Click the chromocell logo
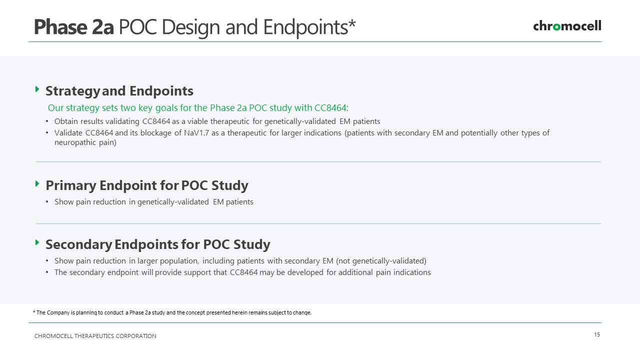click(x=567, y=26)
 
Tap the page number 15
click(x=597, y=334)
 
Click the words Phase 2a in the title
click(x=74, y=27)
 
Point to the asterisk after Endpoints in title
click(x=352, y=22)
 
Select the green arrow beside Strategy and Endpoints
click(x=37, y=89)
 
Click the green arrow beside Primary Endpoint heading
click(x=37, y=183)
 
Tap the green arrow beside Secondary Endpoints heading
click(x=37, y=242)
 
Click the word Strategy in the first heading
click(x=72, y=91)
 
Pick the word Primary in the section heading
click(x=71, y=185)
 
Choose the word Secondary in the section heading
click(x=78, y=244)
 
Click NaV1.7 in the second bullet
click(x=196, y=133)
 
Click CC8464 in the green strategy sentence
click(x=331, y=107)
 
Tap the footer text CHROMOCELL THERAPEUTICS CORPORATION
click(x=95, y=336)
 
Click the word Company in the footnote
click(x=58, y=312)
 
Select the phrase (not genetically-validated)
click(x=381, y=261)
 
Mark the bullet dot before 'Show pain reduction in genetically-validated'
click(x=47, y=202)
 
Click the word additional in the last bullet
click(x=355, y=272)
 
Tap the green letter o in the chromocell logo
click(x=556, y=27)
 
